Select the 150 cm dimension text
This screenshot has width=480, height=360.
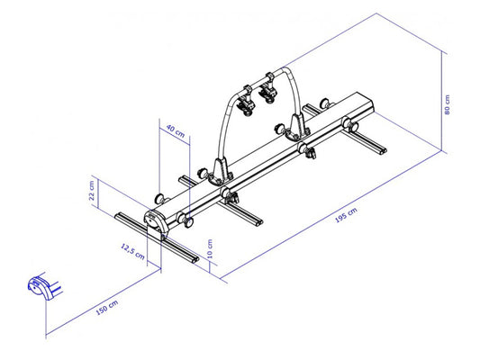pos(106,310)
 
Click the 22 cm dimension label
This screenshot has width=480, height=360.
pos(91,193)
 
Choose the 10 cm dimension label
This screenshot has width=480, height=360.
pos(210,247)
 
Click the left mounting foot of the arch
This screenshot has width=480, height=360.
pos(219,170)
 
